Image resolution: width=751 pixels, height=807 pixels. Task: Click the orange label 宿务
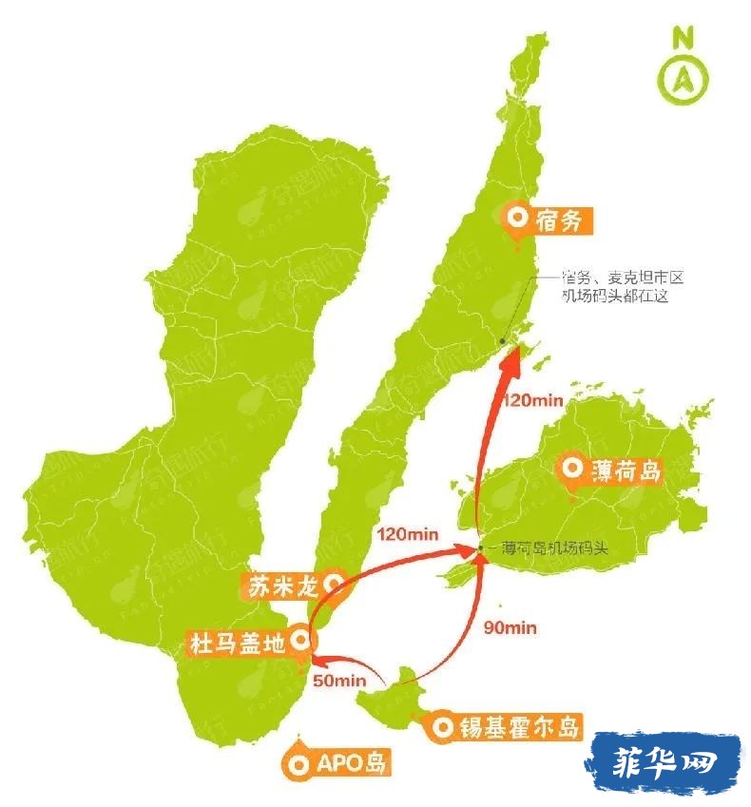coord(559,220)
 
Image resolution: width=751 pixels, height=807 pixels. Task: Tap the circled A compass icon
coord(681,81)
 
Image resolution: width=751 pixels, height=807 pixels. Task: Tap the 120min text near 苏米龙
coord(407,534)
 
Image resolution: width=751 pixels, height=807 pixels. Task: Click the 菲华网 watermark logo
coord(665,764)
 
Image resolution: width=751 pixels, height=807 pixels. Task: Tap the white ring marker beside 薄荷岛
coord(572,468)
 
